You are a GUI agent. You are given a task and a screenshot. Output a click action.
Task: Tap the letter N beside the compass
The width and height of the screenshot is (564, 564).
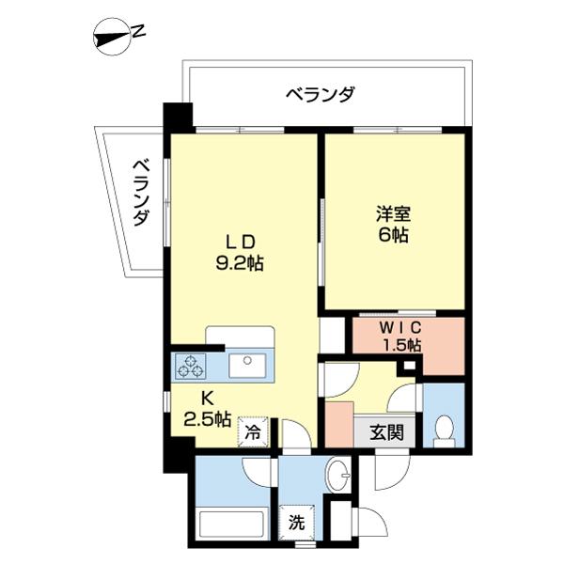coord(138,31)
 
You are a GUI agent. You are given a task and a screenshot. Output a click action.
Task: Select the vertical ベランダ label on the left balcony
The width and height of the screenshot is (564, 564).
coord(141,193)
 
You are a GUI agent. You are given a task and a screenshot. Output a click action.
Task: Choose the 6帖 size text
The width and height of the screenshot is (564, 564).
coord(394,236)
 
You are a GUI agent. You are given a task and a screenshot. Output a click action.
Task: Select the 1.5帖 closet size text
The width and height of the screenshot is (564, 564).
coord(401,345)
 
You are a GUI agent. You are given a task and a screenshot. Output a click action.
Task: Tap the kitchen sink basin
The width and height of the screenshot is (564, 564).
coord(248,364)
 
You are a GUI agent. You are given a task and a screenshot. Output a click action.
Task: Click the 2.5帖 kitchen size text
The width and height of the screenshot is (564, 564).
coord(208,419)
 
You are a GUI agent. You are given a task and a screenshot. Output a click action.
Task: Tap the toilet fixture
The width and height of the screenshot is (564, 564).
coord(444,428)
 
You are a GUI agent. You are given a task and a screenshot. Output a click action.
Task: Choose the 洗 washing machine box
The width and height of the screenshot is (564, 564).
coord(296,523)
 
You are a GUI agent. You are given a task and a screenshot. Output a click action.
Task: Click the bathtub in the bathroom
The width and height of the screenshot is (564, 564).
coord(232,523)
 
